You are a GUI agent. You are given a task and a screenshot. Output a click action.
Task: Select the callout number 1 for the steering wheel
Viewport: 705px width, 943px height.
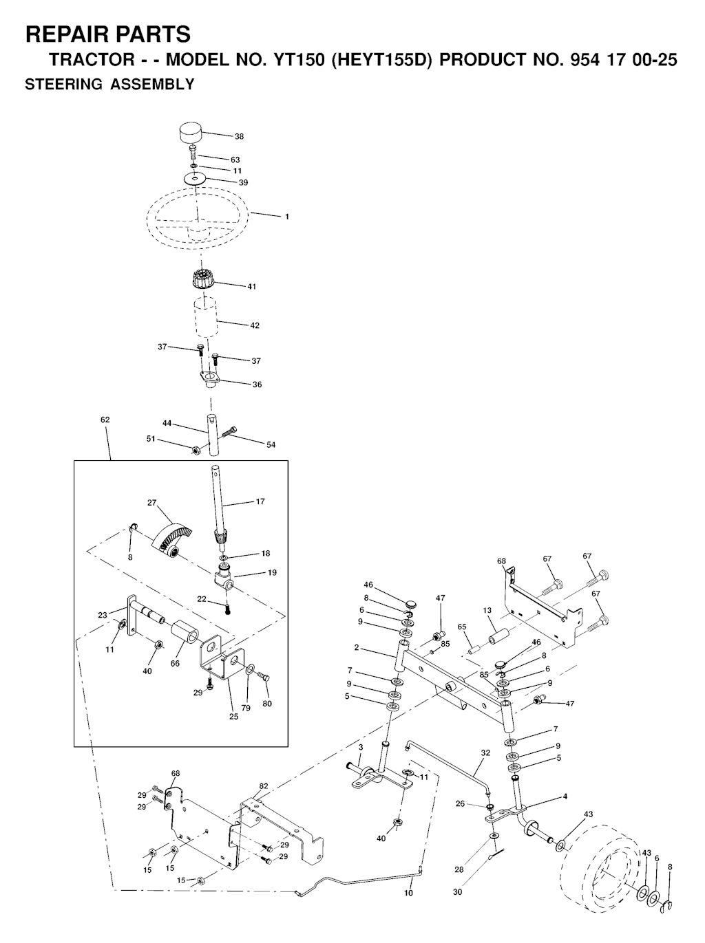(x=287, y=217)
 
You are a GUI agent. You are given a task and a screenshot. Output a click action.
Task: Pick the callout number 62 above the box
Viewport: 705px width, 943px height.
(x=105, y=420)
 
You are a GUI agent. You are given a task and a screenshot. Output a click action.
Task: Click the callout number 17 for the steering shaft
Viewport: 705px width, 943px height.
(x=260, y=501)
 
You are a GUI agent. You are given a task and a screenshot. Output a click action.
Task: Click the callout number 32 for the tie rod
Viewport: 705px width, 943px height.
(x=485, y=752)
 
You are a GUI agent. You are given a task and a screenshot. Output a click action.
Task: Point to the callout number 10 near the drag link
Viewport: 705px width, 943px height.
(x=408, y=893)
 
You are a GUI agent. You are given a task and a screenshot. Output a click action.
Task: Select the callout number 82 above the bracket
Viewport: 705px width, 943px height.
(x=264, y=785)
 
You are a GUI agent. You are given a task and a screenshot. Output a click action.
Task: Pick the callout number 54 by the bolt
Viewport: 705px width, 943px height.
(x=271, y=445)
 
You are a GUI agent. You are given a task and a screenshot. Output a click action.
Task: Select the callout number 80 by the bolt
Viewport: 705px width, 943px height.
(x=267, y=703)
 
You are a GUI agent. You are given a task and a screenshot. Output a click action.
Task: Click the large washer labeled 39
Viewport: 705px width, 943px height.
(x=197, y=179)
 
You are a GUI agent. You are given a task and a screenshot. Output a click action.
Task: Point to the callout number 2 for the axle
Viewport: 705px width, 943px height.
(x=357, y=647)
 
